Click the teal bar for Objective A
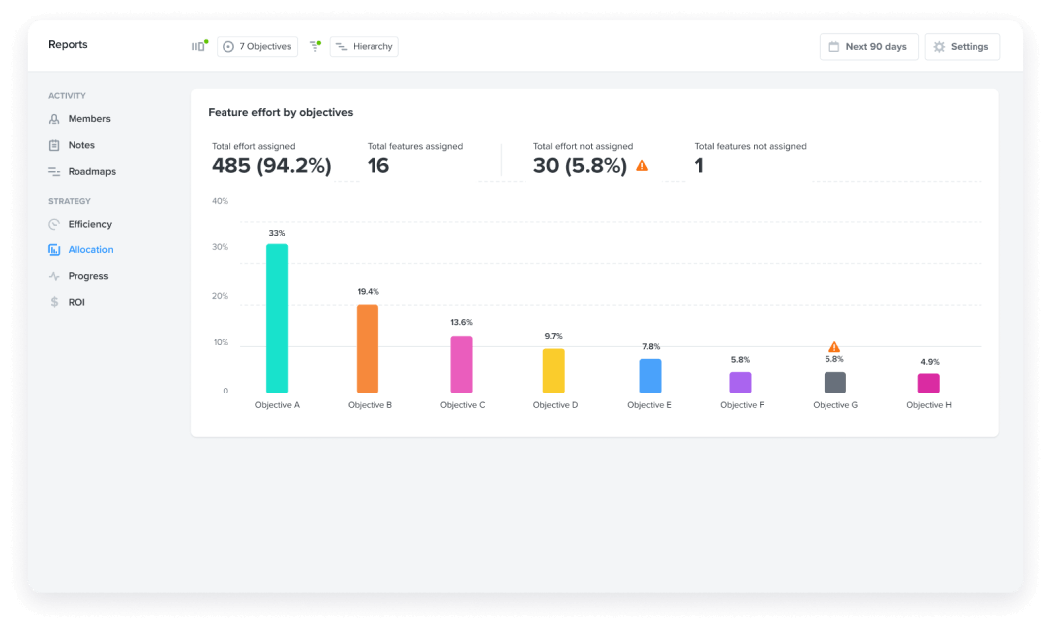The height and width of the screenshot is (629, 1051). pos(277,318)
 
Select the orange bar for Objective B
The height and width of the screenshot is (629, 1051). pos(368,349)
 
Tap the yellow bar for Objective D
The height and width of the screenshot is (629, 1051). pos(553,371)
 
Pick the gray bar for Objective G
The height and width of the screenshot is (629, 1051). pos(834,383)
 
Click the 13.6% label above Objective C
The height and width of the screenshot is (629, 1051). pos(461,323)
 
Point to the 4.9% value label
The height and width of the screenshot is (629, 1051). pos(928,362)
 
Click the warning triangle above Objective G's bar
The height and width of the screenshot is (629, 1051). pos(834,347)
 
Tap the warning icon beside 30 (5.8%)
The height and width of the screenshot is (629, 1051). pos(642,166)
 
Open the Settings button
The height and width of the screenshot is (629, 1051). pos(962,47)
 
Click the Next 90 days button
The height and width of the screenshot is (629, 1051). pos(868,47)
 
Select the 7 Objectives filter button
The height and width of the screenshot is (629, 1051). pos(257,47)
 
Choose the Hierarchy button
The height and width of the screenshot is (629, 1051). pos(364,47)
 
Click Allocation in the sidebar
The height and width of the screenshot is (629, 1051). pos(90,250)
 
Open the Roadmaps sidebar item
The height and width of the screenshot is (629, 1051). pos(91,172)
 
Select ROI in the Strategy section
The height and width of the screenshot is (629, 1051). pos(76,302)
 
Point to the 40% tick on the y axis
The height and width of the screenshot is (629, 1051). pos(220,201)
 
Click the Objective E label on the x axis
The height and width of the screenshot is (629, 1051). pos(649,405)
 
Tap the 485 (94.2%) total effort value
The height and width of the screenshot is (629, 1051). pos(271,166)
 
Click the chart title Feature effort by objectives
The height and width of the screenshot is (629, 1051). pos(280,113)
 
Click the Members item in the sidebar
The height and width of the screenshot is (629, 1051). pos(89,119)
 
